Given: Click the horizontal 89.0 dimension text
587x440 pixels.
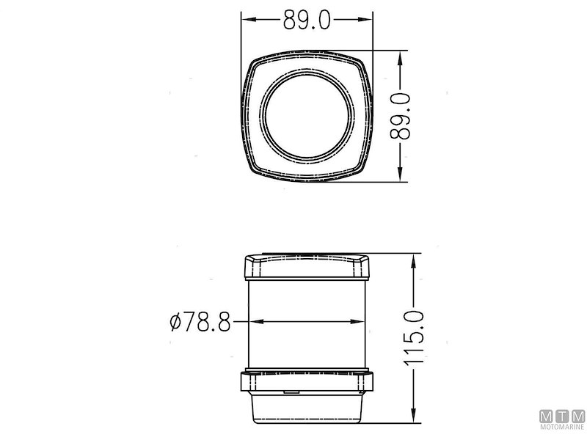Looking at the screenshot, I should pyautogui.click(x=307, y=21).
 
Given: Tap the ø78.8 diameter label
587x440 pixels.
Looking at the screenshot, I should pyautogui.click(x=200, y=321).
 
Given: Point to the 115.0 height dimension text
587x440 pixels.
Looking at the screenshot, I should pyautogui.click(x=415, y=338).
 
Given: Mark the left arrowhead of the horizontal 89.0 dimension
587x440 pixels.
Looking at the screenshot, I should pyautogui.click(x=248, y=21).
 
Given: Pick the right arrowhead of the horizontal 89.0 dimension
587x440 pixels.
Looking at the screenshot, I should pyautogui.click(x=368, y=21).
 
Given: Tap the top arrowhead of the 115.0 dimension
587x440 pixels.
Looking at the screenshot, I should pyautogui.click(x=415, y=259).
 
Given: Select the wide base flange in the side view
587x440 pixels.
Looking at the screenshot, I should pyautogui.click(x=307, y=381).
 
